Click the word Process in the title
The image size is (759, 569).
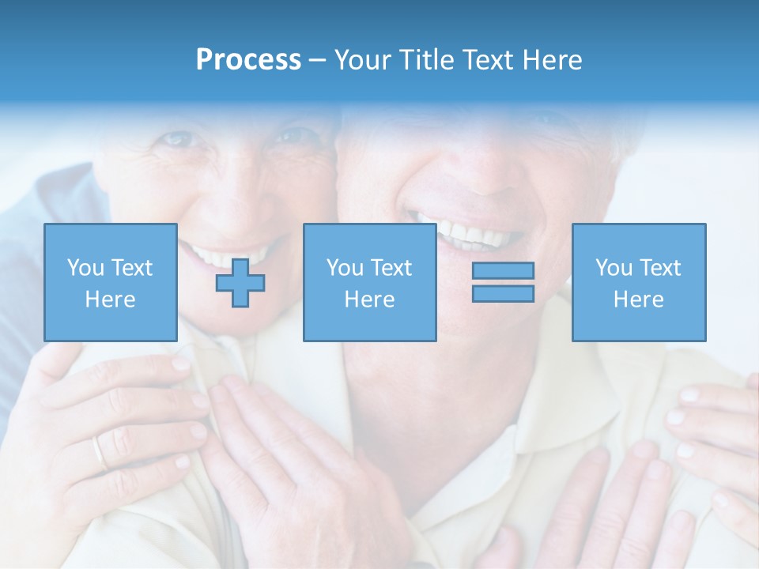(x=248, y=60)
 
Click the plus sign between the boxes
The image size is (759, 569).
(x=240, y=283)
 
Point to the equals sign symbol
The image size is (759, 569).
(x=503, y=282)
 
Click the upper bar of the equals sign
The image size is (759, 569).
(x=503, y=271)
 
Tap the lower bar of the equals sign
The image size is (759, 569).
(x=503, y=293)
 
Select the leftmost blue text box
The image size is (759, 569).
(x=110, y=282)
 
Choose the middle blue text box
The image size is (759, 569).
(x=369, y=282)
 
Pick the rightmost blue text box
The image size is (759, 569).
(x=638, y=282)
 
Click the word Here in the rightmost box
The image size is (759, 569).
(x=638, y=300)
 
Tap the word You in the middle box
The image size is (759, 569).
(x=345, y=268)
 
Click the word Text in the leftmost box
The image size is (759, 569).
(x=131, y=268)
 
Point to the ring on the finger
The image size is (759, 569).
(x=99, y=452)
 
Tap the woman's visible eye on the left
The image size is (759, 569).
(x=179, y=140)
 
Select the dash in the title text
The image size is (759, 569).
(x=318, y=60)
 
